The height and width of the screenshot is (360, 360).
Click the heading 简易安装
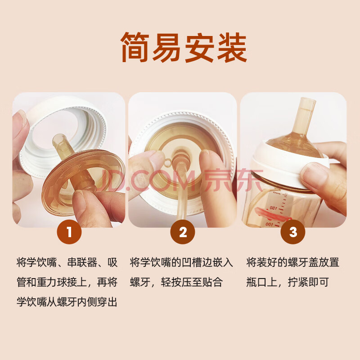[x=184, y=47]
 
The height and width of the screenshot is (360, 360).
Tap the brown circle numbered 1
[x=69, y=232]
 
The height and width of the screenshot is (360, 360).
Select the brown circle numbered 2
[x=183, y=232]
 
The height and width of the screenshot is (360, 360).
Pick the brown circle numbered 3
[x=293, y=232]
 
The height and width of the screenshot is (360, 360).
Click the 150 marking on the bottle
[x=274, y=208]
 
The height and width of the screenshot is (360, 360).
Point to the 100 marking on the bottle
[x=270, y=224]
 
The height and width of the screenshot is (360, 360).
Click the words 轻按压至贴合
[x=192, y=282]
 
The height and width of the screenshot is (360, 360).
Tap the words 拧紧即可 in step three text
[x=308, y=282]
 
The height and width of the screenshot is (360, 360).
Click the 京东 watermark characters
[x=233, y=180]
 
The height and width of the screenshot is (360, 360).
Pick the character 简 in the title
[x=135, y=47]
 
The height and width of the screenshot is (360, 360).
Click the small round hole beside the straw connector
[x=168, y=162]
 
